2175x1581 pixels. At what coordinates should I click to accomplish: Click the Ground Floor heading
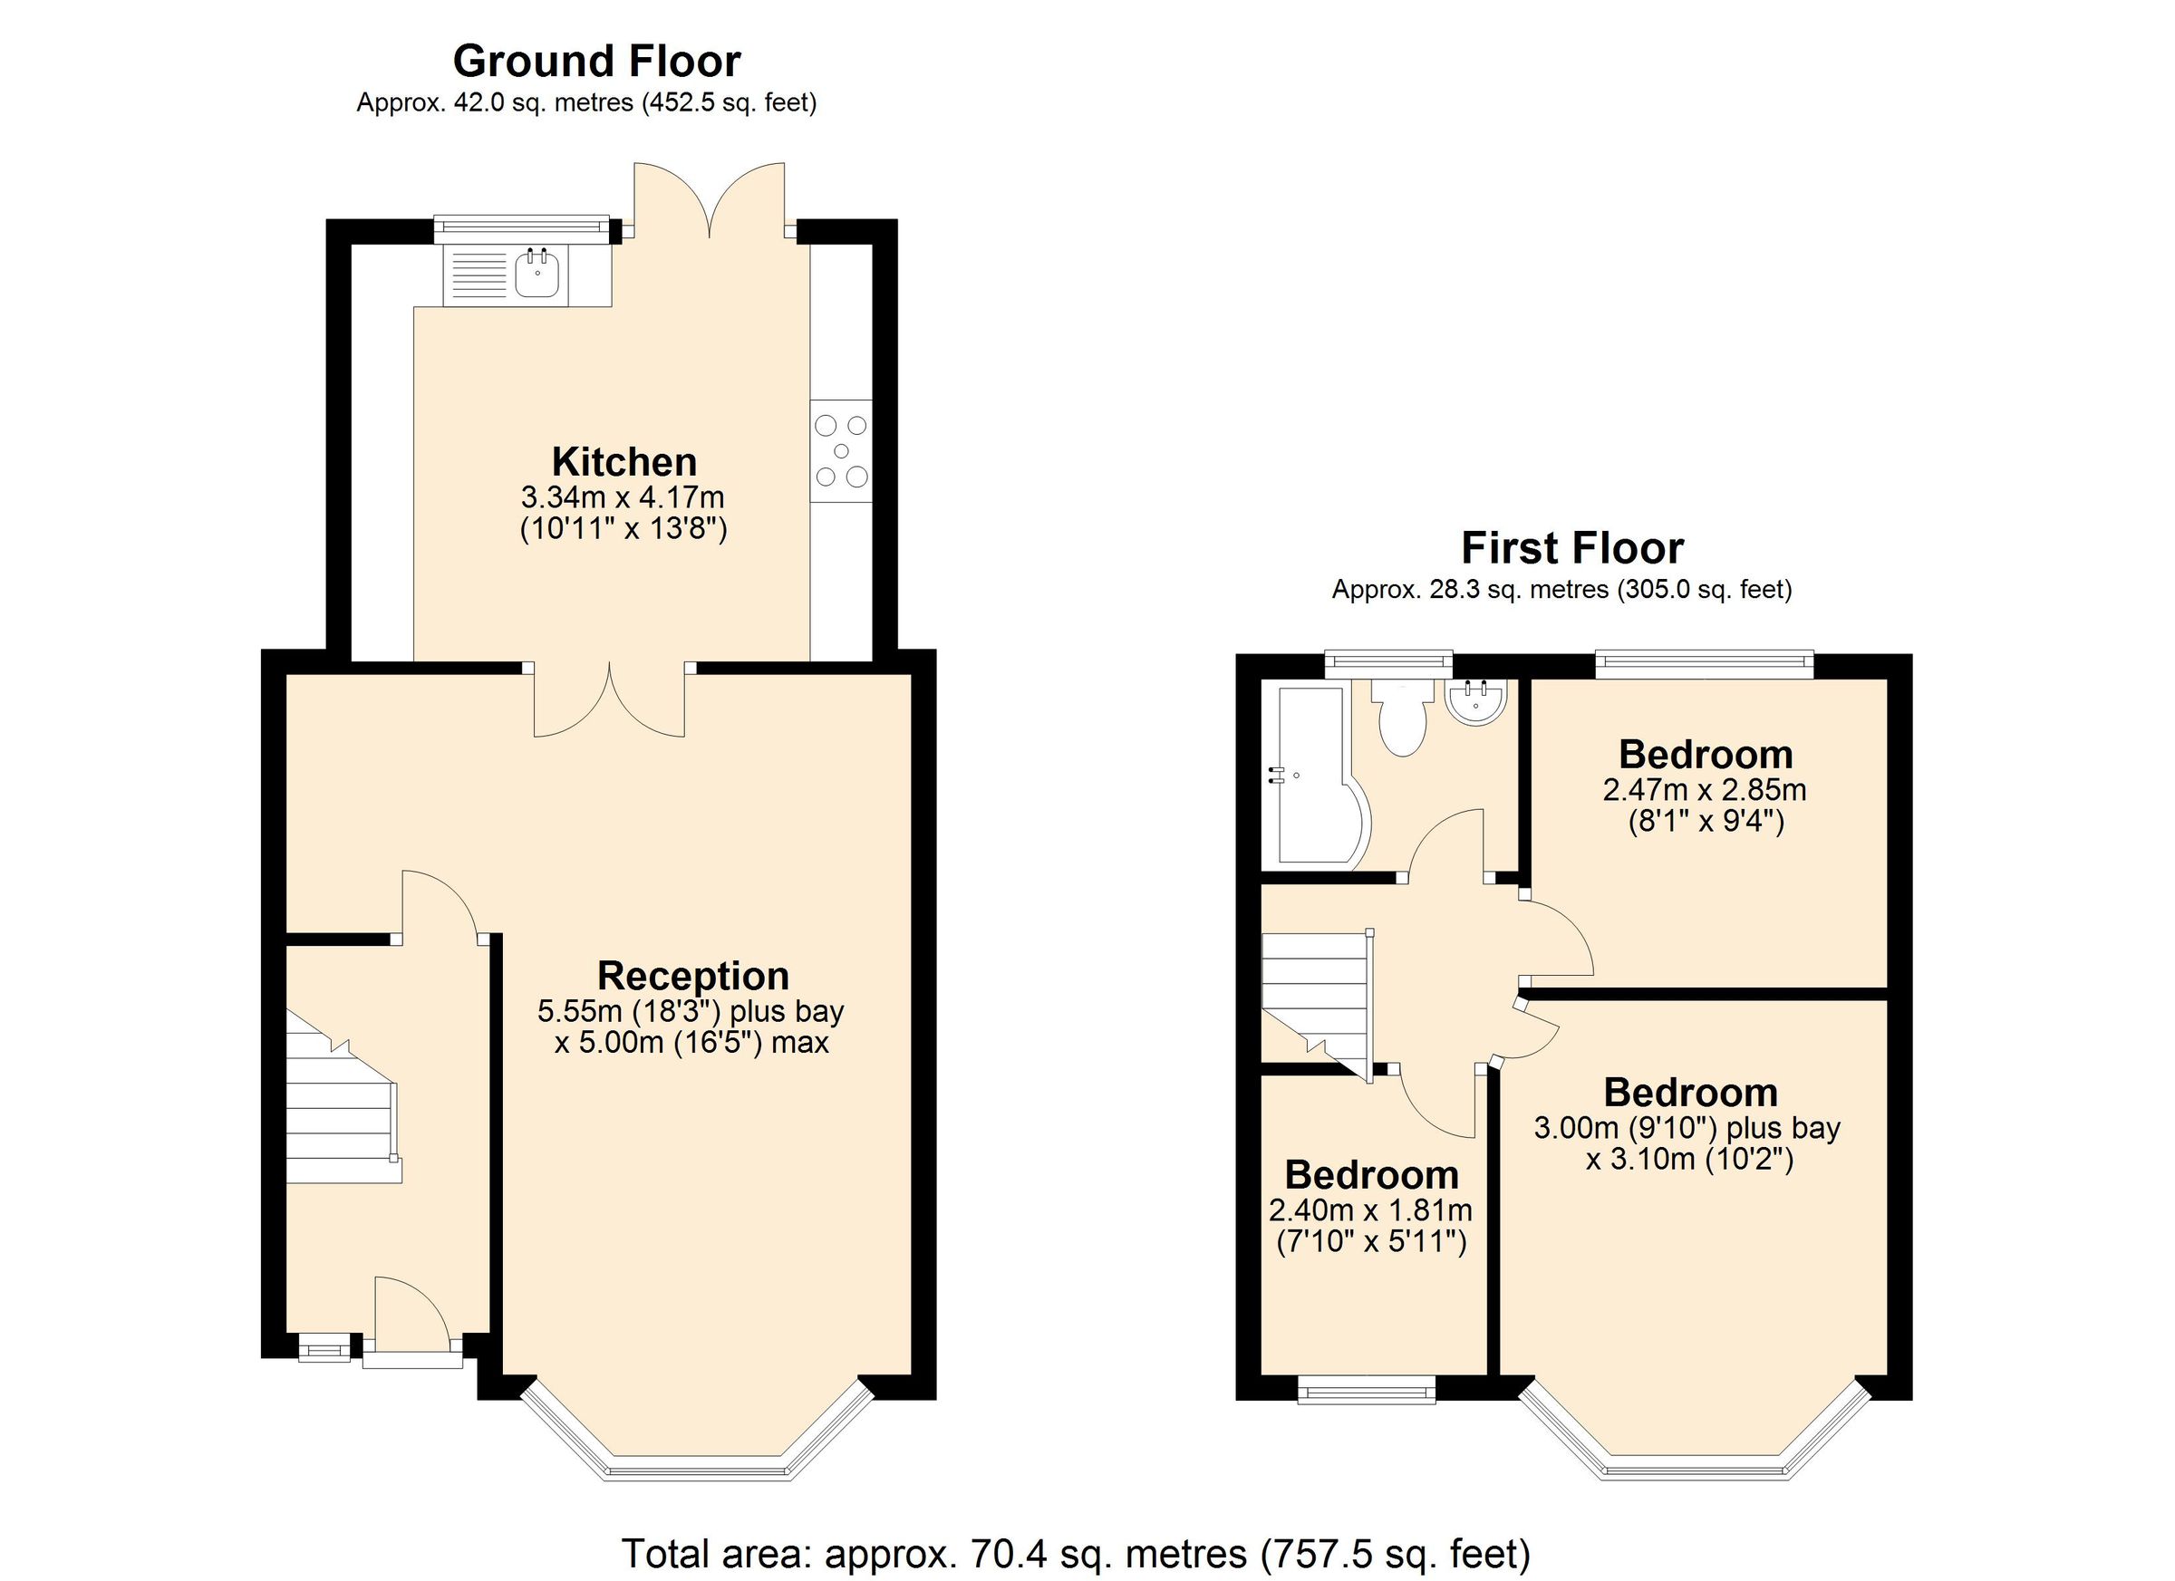tap(596, 62)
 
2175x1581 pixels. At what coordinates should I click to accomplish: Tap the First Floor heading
tap(1571, 548)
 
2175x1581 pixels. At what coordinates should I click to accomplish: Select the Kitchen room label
tap(623, 462)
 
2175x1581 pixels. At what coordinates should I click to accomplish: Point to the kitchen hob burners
tap(841, 450)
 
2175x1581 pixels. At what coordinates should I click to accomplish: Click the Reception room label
tap(692, 976)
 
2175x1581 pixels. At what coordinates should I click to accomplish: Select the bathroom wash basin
tap(1476, 701)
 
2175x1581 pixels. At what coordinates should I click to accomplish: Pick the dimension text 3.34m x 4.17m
tap(623, 497)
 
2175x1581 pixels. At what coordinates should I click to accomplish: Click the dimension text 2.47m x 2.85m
tap(1704, 790)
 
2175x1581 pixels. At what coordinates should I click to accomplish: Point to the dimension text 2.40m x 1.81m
tap(1370, 1210)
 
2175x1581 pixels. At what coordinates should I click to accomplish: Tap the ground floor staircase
tap(341, 1113)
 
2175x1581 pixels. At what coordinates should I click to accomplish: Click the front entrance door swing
tap(411, 1318)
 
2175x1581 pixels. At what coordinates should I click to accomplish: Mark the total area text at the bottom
tap(1076, 1552)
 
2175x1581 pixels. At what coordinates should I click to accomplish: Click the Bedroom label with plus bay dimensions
tap(1690, 1093)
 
